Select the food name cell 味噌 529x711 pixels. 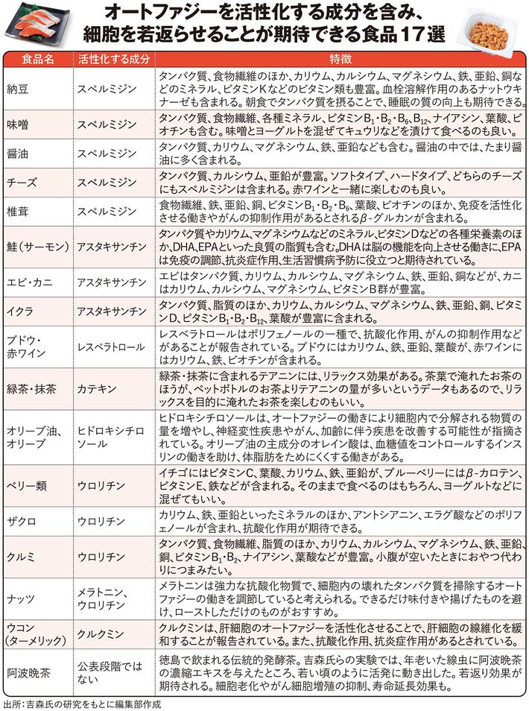(16, 124)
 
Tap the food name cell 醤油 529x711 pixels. (16, 154)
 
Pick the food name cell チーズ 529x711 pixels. (21, 182)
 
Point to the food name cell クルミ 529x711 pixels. (21, 557)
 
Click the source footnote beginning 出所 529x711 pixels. (82, 703)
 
